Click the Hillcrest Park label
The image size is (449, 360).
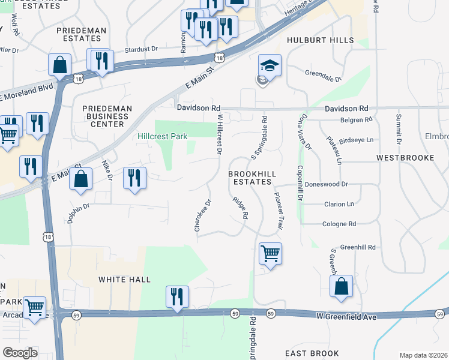163,137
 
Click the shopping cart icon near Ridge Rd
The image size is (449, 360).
270,254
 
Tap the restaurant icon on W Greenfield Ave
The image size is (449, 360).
177,297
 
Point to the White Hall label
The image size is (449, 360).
125,280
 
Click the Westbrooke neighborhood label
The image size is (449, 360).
405,158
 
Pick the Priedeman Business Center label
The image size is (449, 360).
103,116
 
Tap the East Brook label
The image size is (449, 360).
312,353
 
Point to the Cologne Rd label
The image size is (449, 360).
339,224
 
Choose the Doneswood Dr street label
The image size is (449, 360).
327,184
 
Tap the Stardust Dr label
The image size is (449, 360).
140,49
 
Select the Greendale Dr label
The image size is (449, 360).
322,79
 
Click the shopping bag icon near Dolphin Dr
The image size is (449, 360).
82,179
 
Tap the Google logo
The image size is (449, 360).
20,353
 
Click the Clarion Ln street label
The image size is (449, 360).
338,204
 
